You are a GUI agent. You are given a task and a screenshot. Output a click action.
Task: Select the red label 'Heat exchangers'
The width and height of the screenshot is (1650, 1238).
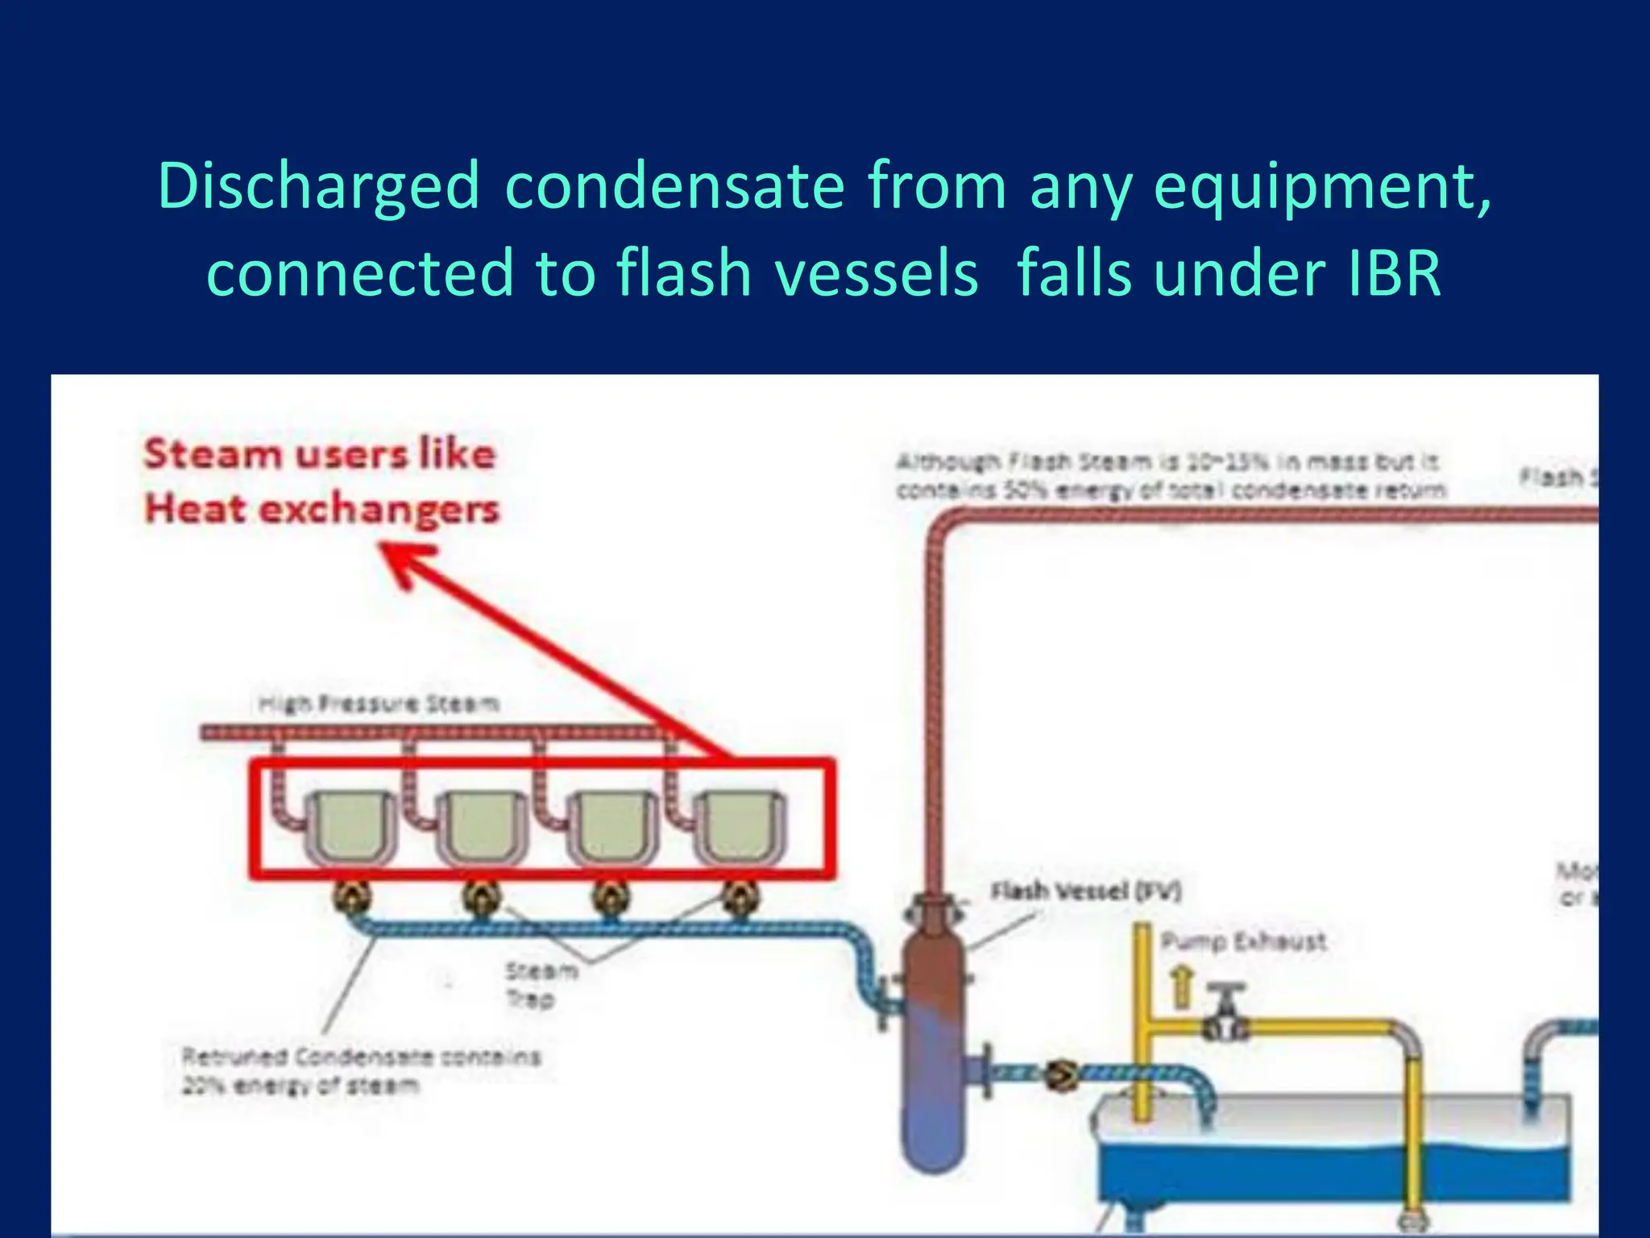322,509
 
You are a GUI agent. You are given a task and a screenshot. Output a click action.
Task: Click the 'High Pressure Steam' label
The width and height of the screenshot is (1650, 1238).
379,704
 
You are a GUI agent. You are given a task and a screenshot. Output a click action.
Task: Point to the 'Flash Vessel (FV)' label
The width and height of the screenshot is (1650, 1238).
1085,891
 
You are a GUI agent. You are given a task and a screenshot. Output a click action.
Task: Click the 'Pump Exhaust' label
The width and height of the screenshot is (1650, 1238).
1243,941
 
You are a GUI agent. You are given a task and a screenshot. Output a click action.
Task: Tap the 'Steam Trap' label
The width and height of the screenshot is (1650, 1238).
541,984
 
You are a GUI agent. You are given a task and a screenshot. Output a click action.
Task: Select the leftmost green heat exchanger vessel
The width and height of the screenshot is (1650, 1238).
349,826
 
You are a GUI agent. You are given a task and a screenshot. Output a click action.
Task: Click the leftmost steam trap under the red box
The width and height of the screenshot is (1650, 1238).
352,896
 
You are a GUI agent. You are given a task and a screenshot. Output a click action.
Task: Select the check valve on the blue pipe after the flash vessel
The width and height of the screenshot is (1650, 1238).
1062,1074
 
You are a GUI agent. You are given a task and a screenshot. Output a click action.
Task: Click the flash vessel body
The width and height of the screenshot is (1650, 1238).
933,1040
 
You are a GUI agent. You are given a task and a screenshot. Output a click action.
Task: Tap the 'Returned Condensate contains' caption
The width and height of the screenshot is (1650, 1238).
361,1057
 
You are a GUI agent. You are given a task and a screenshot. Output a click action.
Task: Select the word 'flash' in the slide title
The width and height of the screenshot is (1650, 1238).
684,274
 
